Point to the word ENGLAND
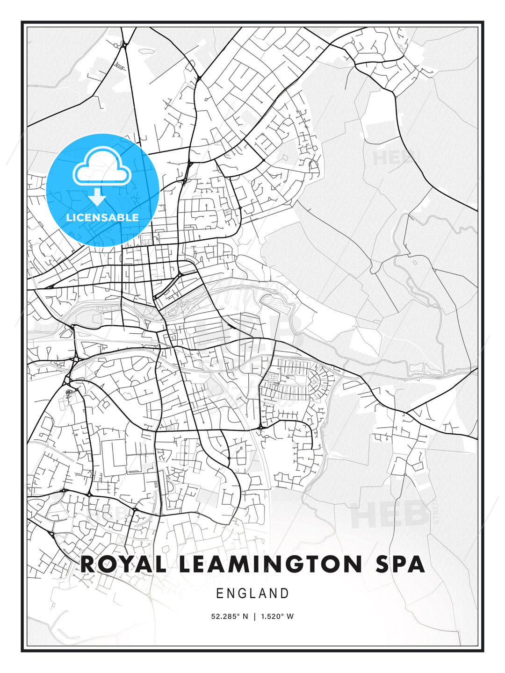[x=252, y=594]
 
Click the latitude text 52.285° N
[x=230, y=616]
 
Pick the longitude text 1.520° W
[x=276, y=616]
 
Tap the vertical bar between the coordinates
[x=254, y=616]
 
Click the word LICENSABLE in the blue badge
[x=102, y=217]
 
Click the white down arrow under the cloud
[x=97, y=196]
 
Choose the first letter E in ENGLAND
[x=219, y=594]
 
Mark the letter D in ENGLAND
[x=285, y=594]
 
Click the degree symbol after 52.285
[x=240, y=615]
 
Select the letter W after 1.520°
[x=290, y=616]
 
